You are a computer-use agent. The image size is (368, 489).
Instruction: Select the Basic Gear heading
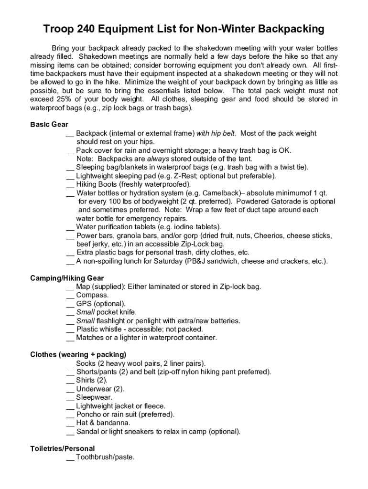49,125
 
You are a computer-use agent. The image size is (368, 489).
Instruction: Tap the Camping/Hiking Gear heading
67,278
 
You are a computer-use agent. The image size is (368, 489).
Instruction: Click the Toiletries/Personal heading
62,449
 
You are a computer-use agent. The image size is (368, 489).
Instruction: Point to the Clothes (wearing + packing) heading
78,355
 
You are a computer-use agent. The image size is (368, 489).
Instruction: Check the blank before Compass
70,296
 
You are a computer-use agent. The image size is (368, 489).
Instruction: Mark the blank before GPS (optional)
70,304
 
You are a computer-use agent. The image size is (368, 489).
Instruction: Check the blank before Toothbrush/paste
70,458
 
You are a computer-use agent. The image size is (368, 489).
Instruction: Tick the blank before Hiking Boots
70,185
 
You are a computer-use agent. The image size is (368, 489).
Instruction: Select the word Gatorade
280,202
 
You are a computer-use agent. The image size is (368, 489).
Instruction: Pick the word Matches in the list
89,338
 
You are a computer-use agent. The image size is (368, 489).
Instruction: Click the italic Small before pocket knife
85,312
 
